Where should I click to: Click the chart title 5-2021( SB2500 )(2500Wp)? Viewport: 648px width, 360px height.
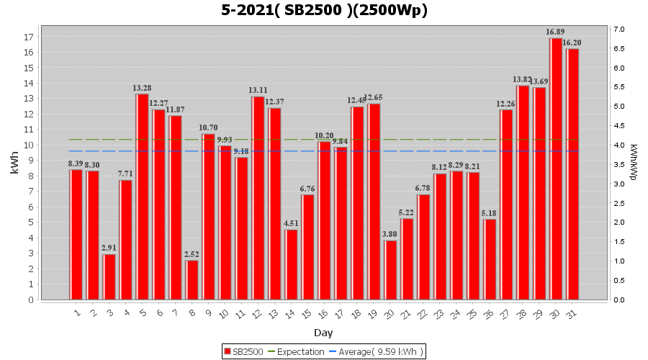[324, 10]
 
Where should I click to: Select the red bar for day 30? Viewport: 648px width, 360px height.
[556, 168]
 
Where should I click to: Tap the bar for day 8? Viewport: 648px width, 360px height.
[192, 280]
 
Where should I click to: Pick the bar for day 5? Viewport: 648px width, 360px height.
[142, 197]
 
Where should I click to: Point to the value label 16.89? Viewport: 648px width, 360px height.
[555, 32]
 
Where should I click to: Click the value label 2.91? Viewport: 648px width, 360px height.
[109, 248]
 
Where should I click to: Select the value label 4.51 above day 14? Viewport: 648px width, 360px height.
[291, 223]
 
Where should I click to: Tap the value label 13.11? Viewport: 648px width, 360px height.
[258, 91]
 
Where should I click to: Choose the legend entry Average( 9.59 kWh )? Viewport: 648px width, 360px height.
[377, 351]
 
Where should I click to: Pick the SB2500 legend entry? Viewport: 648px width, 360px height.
[245, 351]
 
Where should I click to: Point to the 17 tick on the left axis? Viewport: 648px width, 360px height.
[30, 37]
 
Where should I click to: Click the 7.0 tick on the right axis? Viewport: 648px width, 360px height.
[618, 30]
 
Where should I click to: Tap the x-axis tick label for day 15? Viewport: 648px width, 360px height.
[306, 313]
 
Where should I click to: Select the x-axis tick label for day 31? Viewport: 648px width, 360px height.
[571, 313]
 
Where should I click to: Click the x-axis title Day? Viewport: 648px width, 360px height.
[323, 333]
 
